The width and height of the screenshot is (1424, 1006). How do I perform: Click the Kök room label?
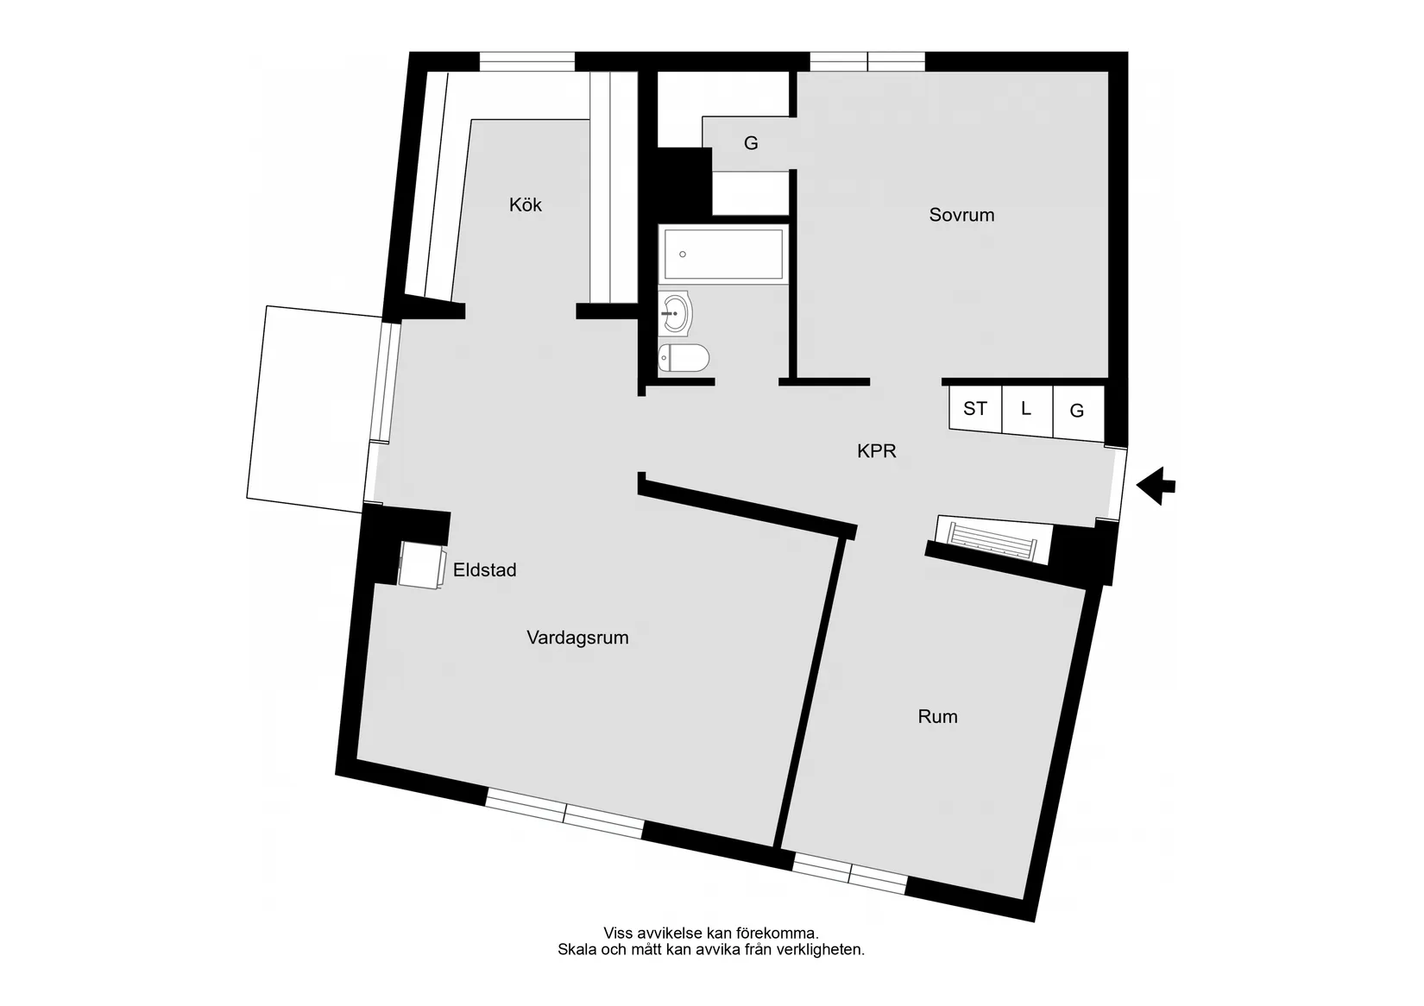[x=526, y=205]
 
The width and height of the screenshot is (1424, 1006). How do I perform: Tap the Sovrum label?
[x=961, y=215]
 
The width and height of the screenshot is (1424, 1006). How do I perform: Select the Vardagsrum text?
[x=577, y=638]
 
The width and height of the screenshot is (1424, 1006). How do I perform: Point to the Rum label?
[x=937, y=717]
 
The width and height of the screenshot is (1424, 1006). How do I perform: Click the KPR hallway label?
[x=877, y=451]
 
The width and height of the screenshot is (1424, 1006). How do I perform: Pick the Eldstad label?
[x=484, y=570]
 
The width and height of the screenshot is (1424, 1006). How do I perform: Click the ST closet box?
[x=975, y=408]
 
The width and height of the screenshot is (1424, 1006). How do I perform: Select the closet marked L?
[x=1026, y=410]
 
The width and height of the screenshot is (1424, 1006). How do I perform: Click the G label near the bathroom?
[x=751, y=143]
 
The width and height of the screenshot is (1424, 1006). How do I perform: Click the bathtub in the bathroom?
[x=722, y=254]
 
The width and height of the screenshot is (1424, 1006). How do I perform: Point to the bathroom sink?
[x=676, y=313]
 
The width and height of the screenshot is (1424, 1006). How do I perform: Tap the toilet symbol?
[x=684, y=357]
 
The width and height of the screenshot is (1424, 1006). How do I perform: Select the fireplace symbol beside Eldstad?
[x=422, y=565]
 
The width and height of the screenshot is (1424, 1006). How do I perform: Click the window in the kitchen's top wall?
[x=526, y=61]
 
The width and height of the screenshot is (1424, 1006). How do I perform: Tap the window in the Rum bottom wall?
[x=849, y=873]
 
